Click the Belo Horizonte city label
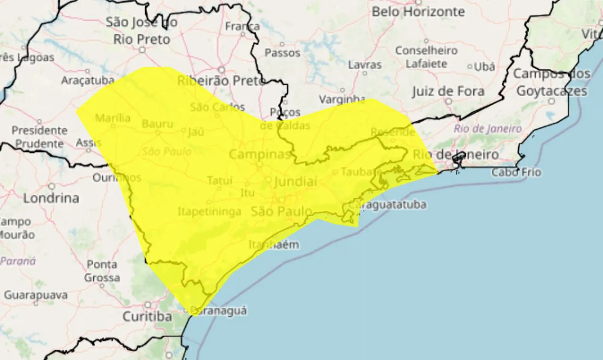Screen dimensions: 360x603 click(418, 12)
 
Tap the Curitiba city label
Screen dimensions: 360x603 click(147, 317)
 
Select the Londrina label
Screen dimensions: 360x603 click(51, 198)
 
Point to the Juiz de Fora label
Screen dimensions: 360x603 click(448, 91)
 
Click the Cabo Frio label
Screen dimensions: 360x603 click(516, 172)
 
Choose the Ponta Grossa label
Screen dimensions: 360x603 click(102, 271)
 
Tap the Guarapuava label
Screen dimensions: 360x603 click(36, 295)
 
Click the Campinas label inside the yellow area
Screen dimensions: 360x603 click(259, 155)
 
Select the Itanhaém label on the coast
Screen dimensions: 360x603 click(273, 245)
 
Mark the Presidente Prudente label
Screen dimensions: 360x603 click(39, 137)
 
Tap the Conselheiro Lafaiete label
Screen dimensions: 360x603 click(426, 57)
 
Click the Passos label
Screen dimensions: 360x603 click(282, 53)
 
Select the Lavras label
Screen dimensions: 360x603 click(364, 65)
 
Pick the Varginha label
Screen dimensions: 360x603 click(342, 99)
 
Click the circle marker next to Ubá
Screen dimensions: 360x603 click(470, 67)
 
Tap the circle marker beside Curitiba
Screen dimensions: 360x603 click(147, 305)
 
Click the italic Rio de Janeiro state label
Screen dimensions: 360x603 click(488, 129)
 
